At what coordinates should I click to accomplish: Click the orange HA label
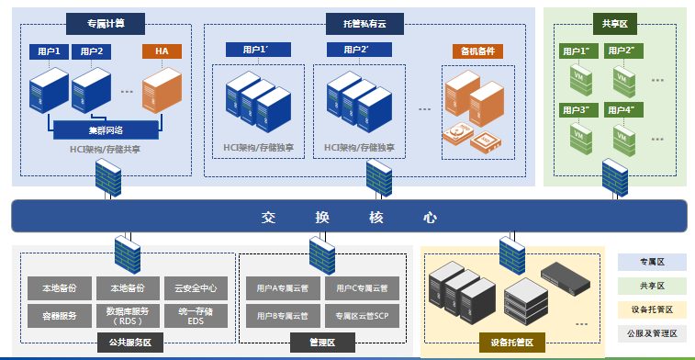[162, 51]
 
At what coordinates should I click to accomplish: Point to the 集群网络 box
[108, 129]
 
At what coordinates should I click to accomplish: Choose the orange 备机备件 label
[478, 51]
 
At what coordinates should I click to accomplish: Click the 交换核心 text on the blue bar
[348, 218]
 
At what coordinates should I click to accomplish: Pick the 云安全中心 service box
[195, 287]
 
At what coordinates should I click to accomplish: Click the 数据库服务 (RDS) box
[126, 315]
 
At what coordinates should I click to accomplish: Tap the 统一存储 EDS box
[195, 315]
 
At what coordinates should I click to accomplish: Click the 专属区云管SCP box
[362, 315]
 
